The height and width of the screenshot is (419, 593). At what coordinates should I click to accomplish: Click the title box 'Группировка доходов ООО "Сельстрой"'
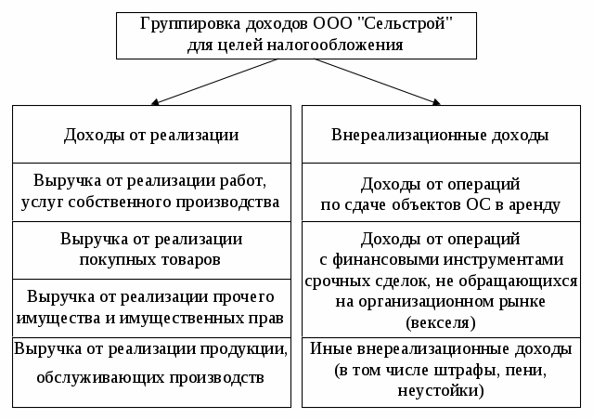[296, 35]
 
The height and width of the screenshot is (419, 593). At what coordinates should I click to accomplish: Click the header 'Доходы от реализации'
[151, 136]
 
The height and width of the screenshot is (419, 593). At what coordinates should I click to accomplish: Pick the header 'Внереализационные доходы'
[440, 136]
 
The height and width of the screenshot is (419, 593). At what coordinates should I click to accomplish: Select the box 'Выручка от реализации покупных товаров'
[151, 250]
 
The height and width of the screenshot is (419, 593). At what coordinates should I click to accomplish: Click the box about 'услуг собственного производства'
[151, 192]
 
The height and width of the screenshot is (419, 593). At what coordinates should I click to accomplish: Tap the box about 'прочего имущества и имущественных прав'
[151, 308]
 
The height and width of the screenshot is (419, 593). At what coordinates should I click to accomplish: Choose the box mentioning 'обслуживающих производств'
[151, 367]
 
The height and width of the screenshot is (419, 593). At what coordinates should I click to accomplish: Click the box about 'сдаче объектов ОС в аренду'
[440, 193]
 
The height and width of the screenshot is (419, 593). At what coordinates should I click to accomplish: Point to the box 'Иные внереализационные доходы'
[440, 370]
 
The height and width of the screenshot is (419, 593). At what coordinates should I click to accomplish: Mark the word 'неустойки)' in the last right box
[440, 391]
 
